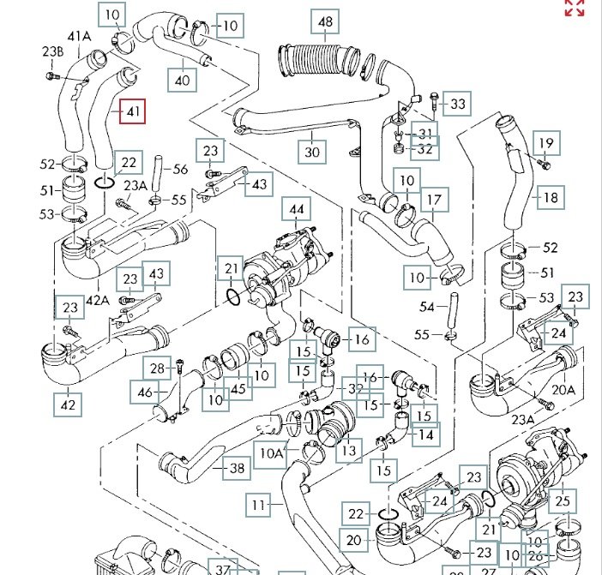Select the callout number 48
point(323,21)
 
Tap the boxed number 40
point(182,81)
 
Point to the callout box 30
point(312,152)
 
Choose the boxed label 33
point(458,105)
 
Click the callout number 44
point(297,209)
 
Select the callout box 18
point(550,197)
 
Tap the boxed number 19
point(545,142)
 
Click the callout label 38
point(238,468)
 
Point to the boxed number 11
point(260,506)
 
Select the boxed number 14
point(424,434)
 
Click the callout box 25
point(562,500)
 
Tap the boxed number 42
point(69,403)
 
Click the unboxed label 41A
point(79,36)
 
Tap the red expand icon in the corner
point(574,8)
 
